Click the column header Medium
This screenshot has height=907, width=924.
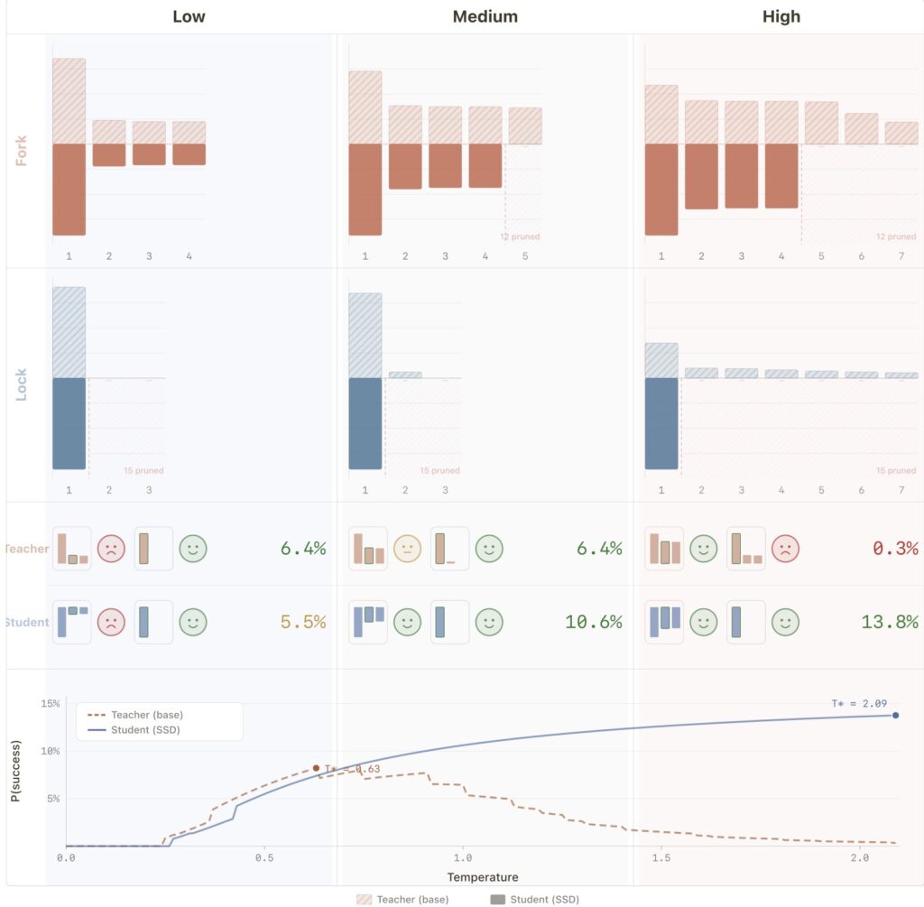point(485,16)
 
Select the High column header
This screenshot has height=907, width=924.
point(781,16)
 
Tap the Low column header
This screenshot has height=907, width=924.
point(189,16)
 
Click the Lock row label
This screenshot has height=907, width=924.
point(22,384)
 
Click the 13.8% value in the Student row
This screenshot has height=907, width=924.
point(896,622)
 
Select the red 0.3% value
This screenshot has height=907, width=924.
point(896,549)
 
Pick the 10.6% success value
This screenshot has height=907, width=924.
point(594,622)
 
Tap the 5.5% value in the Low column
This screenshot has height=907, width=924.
point(303,622)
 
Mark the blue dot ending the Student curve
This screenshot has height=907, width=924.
point(896,716)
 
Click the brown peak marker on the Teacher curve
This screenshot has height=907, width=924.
point(316,768)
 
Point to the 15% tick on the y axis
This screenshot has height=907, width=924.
point(51,704)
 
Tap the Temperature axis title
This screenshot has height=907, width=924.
point(483,877)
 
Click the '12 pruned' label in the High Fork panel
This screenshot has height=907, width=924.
point(896,237)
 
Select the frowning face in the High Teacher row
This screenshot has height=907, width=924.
point(785,549)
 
